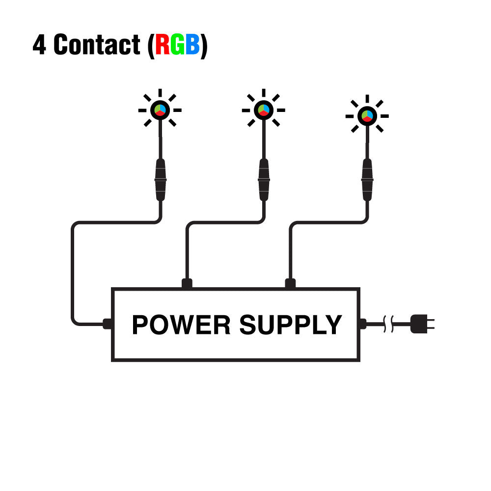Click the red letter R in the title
pyautogui.click(x=163, y=45)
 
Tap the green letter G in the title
pyautogui.click(x=177, y=45)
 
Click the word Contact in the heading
pyautogui.click(x=97, y=45)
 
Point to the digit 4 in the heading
pyautogui.click(x=39, y=45)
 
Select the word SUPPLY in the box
pyautogui.click(x=290, y=325)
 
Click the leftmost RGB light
pyautogui.click(x=160, y=110)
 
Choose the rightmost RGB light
pyautogui.click(x=367, y=116)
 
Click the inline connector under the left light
pyautogui.click(x=161, y=180)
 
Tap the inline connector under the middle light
pyautogui.click(x=264, y=180)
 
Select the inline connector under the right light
pyautogui.click(x=367, y=180)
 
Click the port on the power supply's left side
pyautogui.click(x=108, y=324)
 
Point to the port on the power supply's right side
pyautogui.click(x=363, y=324)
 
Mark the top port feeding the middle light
pyautogui.click(x=187, y=283)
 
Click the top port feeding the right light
pyautogui.click(x=290, y=283)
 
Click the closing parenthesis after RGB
pyautogui.click(x=204, y=45)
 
